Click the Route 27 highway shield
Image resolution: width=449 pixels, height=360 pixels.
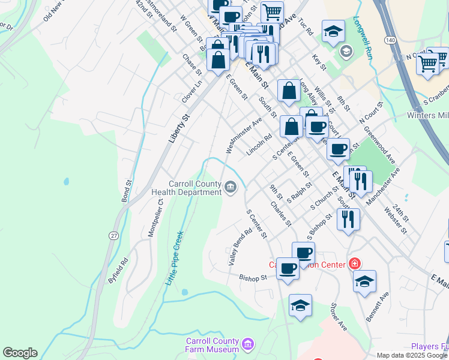click(x=113, y=236)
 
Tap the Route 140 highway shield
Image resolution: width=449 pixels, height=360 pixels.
click(x=391, y=40)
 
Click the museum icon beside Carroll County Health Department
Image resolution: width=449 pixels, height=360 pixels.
click(x=230, y=188)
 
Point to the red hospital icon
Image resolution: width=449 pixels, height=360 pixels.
click(x=355, y=263)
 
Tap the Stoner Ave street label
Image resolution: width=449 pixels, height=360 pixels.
click(x=339, y=317)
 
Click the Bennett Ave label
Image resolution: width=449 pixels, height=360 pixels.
click(x=378, y=306)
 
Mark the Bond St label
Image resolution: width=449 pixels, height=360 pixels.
click(x=127, y=190)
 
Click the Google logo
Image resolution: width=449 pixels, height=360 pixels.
click(x=20, y=353)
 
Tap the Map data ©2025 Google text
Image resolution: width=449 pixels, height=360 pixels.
click(x=406, y=355)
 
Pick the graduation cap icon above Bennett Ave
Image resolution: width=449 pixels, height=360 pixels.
click(x=364, y=281)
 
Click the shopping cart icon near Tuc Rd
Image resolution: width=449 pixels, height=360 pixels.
click(x=272, y=11)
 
